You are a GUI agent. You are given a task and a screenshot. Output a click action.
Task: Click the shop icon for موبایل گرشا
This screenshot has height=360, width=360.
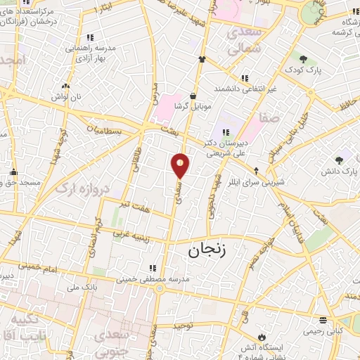click(193, 97)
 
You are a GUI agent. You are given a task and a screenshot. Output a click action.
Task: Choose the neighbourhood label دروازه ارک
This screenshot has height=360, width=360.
click(68, 188)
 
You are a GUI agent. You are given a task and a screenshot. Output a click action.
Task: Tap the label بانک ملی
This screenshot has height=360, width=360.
click(81, 287)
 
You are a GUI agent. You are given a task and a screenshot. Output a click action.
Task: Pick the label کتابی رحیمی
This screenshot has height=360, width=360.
click(323, 330)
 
